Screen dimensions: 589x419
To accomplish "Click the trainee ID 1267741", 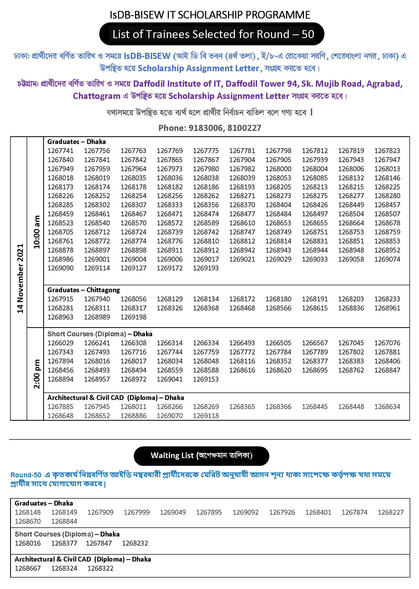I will (x=60, y=151).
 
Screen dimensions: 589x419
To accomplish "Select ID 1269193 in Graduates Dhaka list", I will (x=206, y=268).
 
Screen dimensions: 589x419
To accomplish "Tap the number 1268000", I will (x=278, y=169).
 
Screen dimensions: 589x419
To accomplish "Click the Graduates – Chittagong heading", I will (x=84, y=290).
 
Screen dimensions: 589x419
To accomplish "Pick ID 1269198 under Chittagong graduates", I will (x=133, y=317).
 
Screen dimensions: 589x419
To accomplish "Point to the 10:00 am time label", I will (x=36, y=232).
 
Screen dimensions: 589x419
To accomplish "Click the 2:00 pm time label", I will (x=36, y=374).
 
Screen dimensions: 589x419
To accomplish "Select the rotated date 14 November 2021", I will (x=20, y=278).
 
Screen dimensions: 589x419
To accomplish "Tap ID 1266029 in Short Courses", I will (x=60, y=343).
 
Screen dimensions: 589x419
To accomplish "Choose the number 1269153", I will (x=206, y=379).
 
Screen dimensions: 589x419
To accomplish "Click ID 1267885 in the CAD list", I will (x=60, y=407).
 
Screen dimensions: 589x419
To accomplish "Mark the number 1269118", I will (x=206, y=416).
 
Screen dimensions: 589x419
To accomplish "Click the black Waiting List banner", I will (x=201, y=456).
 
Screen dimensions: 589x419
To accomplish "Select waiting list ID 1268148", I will (x=28, y=512).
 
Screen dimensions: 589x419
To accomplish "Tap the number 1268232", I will (x=135, y=543).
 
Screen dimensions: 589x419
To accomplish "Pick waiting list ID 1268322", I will (x=100, y=568).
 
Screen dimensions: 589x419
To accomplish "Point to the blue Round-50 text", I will (x=26, y=475).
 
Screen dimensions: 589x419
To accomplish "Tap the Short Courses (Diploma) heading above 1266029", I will (x=86, y=334).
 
